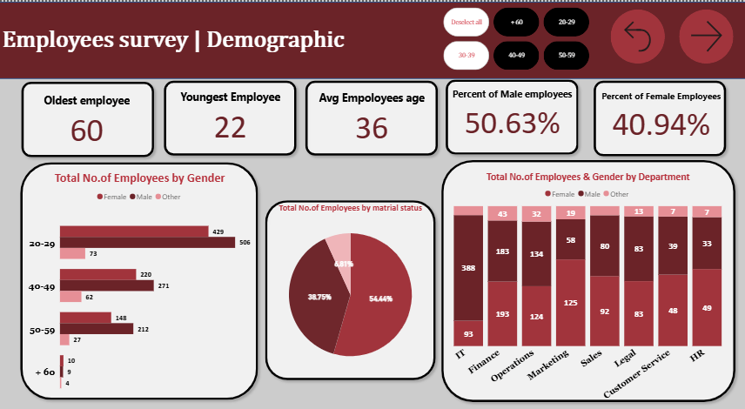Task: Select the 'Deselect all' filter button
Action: [466, 21]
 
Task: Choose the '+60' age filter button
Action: [516, 21]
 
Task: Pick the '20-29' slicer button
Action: [567, 21]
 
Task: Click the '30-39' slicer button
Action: [466, 55]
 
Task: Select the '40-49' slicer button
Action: [516, 55]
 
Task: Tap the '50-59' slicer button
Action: [567, 55]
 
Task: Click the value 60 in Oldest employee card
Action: [87, 130]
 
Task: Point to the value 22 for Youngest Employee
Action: [230, 127]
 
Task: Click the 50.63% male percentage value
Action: [512, 124]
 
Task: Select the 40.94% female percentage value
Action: [661, 125]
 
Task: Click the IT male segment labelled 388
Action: [467, 267]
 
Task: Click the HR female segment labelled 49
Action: [707, 307]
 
